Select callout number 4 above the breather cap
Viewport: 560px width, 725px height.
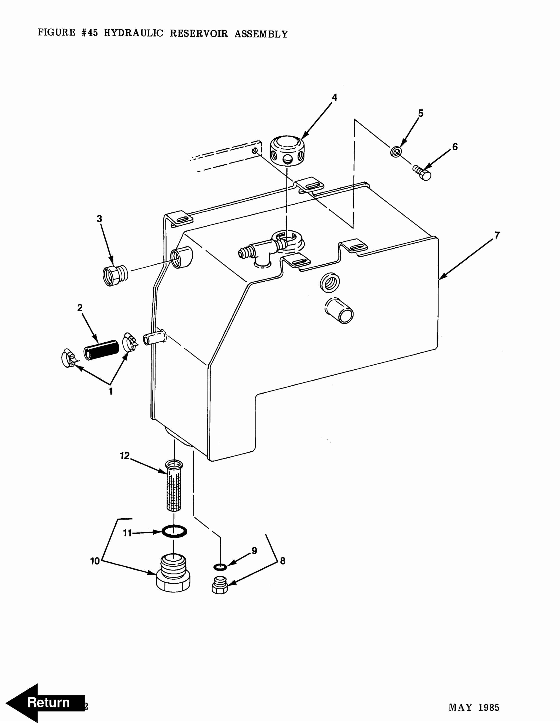pyautogui.click(x=334, y=97)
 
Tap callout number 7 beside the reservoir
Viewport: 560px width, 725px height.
pyautogui.click(x=497, y=235)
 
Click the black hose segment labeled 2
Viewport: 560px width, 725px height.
pyautogui.click(x=101, y=350)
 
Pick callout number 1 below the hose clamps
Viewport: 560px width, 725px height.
pyautogui.click(x=110, y=391)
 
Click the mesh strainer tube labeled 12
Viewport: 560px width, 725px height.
pyautogui.click(x=174, y=485)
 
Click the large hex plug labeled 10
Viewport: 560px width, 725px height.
pyautogui.click(x=173, y=573)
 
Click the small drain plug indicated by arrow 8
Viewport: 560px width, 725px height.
pyautogui.click(x=220, y=585)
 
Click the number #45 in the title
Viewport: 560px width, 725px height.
pyautogui.click(x=90, y=32)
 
